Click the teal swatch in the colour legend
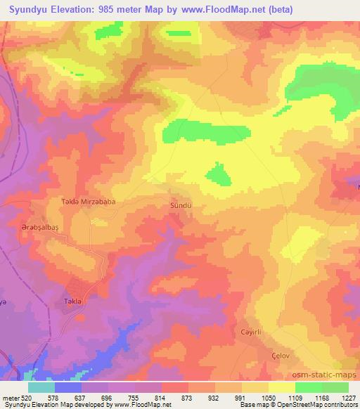click(41, 388)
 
